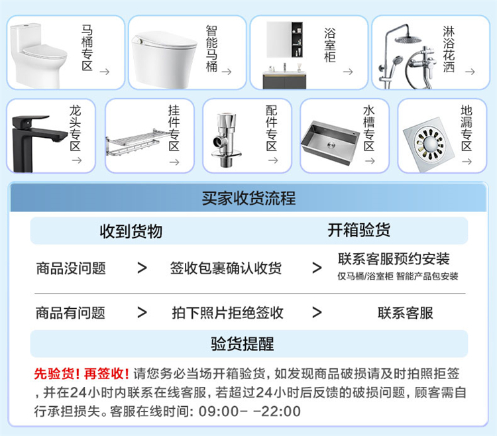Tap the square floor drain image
[x=429, y=144]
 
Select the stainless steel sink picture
[x=329, y=143]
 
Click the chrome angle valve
[x=226, y=139]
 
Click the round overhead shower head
[x=408, y=40]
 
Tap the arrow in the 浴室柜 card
[x=348, y=72]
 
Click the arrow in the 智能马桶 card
[x=227, y=72]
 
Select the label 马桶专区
[x=87, y=48]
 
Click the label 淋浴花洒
[x=449, y=49]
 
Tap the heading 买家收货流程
[x=248, y=198]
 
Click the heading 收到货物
[x=131, y=231]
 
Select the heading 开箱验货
[x=359, y=230]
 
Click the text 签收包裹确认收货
[x=226, y=268]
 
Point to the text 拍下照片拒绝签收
[x=227, y=313]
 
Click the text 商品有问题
[x=70, y=313]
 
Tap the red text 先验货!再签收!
[x=82, y=374]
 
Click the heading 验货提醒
[x=243, y=344]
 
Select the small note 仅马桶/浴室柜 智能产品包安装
[x=398, y=276]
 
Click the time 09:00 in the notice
[x=219, y=411]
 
